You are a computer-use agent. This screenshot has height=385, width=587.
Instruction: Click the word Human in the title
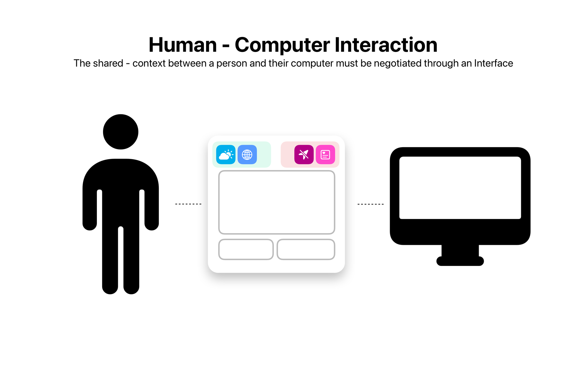click(183, 45)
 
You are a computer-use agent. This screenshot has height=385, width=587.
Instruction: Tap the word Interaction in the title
click(386, 45)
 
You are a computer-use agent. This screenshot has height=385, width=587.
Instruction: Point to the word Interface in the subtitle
click(493, 63)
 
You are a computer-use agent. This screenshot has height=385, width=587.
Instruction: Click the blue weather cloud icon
click(226, 155)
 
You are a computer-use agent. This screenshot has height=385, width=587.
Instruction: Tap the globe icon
click(247, 155)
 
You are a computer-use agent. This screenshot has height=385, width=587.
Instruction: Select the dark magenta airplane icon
click(304, 155)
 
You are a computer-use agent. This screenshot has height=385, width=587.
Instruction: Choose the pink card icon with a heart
click(325, 155)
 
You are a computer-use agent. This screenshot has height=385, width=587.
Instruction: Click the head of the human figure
click(121, 132)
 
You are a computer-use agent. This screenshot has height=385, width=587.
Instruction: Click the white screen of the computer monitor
click(460, 188)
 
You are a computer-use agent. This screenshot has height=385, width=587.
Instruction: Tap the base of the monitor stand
click(460, 261)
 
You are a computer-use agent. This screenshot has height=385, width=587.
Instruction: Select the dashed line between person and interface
click(188, 204)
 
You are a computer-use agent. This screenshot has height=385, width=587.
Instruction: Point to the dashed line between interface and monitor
click(370, 204)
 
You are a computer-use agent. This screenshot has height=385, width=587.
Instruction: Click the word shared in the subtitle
click(108, 63)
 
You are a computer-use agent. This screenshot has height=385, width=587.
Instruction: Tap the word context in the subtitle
click(149, 64)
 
